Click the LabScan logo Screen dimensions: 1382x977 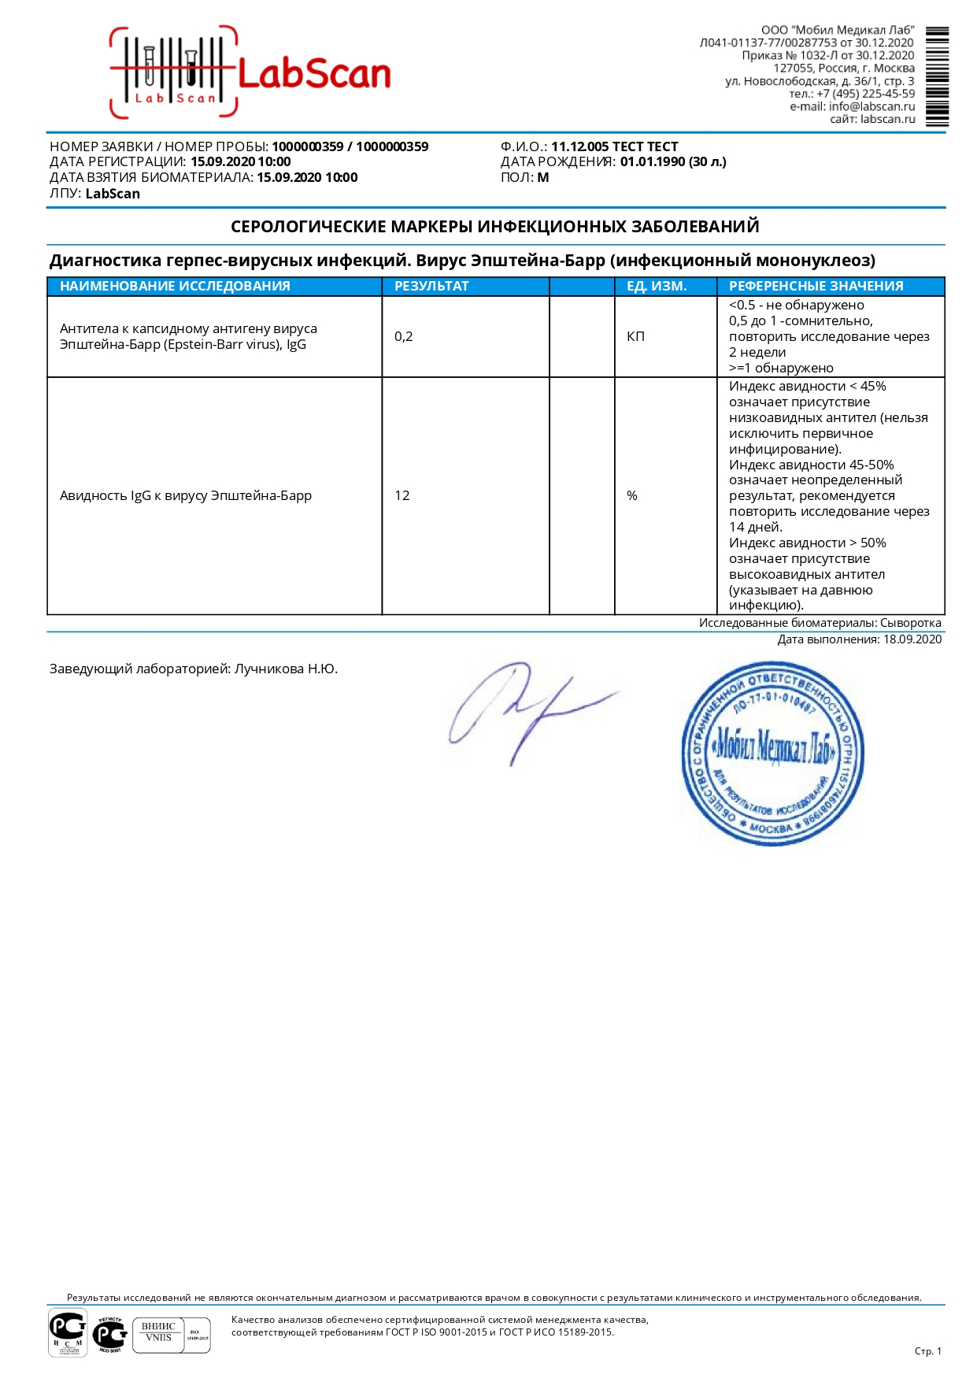coord(250,72)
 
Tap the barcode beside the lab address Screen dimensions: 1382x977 coord(937,76)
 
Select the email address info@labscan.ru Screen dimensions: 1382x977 coord(872,106)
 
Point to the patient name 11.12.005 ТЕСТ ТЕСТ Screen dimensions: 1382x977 coord(614,146)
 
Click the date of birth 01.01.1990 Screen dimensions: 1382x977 coord(653,162)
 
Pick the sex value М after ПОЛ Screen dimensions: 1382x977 coord(543,178)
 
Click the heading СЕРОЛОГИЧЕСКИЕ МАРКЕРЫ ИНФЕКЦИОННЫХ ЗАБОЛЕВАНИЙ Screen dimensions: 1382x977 coord(494,227)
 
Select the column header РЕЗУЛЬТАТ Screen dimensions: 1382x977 coord(431,287)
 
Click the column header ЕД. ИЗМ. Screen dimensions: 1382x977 coord(657,287)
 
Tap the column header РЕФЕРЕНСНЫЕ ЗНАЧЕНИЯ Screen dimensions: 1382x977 coord(816,287)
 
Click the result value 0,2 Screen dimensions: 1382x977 coord(403,337)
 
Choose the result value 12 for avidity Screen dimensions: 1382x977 coord(402,496)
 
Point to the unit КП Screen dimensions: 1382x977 coord(635,337)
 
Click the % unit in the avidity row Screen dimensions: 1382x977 coord(632,496)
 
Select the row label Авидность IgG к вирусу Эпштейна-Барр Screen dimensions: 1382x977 coord(186,496)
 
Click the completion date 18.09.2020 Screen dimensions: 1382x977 coord(912,639)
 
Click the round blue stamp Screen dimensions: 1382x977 coord(772,754)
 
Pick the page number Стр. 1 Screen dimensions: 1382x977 coord(927,1351)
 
